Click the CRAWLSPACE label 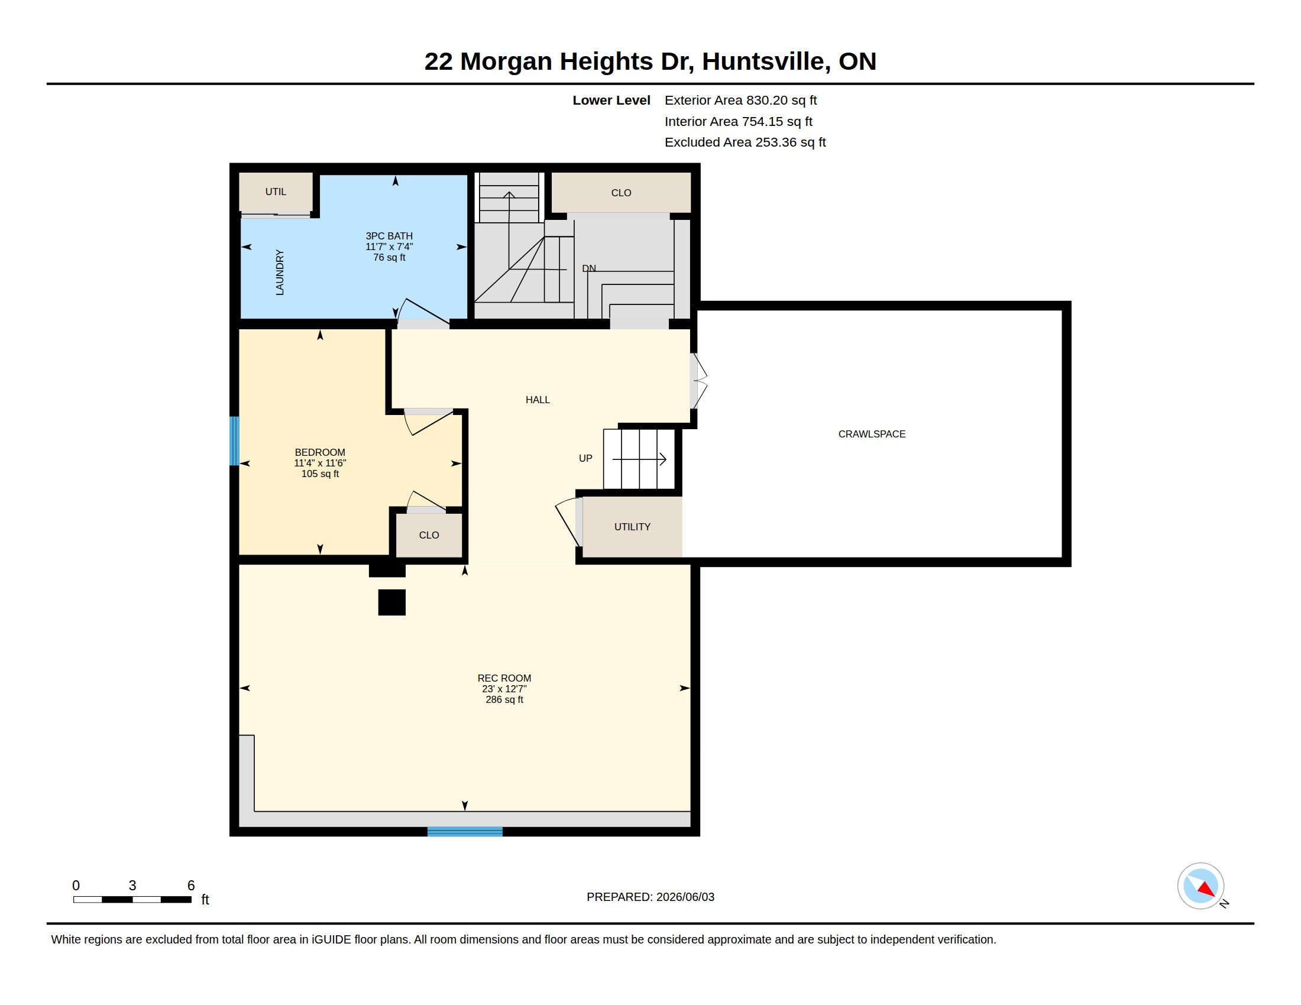(x=872, y=434)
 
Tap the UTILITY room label (x=632, y=527)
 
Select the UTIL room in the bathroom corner (x=276, y=192)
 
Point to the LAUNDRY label (x=279, y=273)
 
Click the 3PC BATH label (x=389, y=236)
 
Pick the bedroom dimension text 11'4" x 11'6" (x=320, y=463)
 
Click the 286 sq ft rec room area (x=504, y=699)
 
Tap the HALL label (x=538, y=400)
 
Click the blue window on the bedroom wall (x=235, y=440)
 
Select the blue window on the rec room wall (x=465, y=832)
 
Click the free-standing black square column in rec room (x=392, y=602)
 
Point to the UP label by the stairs (x=585, y=458)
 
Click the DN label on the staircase (x=588, y=268)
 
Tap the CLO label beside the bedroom (x=429, y=535)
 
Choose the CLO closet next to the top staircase (x=621, y=193)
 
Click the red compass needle (x=1206, y=890)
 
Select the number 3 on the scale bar (x=132, y=886)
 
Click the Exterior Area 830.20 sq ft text (x=740, y=100)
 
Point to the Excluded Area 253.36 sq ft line (x=745, y=142)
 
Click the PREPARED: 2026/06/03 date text (x=650, y=897)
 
